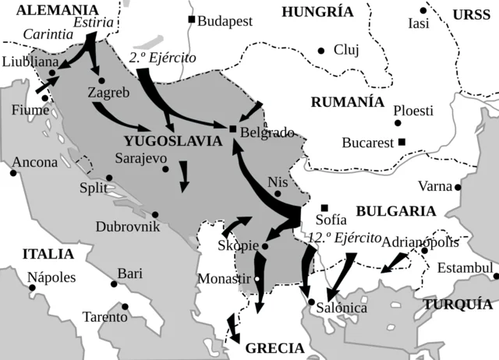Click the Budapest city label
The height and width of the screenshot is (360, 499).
tap(225, 21)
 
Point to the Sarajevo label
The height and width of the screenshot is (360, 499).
tap(141, 157)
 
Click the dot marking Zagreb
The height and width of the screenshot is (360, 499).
tap(101, 80)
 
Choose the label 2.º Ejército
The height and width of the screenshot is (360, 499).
tap(163, 58)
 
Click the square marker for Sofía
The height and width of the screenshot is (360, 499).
tap(324, 207)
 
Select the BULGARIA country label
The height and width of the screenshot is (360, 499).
tap(395, 211)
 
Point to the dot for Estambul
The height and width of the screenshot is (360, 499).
tap(496, 274)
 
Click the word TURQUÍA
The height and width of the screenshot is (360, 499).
tap(458, 305)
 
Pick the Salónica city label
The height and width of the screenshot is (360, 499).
tap(342, 308)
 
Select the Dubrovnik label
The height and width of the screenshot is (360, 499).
tap(128, 227)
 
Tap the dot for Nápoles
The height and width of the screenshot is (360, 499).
tap(32, 288)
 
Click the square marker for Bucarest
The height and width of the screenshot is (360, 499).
tap(402, 142)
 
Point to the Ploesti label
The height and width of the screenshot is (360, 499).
tap(413, 111)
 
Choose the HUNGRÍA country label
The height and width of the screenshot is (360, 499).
tap(317, 12)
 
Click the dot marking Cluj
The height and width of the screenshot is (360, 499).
tap(320, 51)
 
